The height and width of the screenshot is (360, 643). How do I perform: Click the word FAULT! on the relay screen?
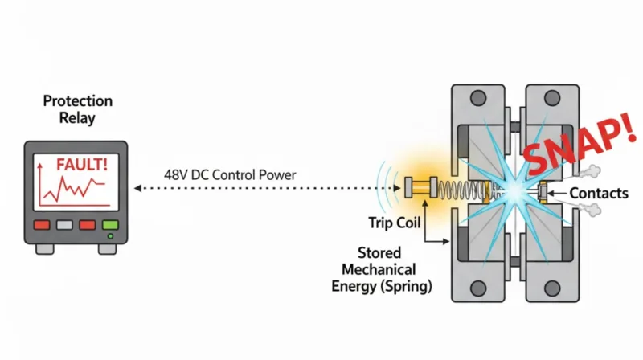82,164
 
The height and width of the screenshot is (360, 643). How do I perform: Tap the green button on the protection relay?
110,226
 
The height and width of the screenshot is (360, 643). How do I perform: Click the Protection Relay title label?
77,110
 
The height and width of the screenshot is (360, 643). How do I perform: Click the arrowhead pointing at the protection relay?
137,188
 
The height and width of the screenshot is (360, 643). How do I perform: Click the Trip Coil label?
389,222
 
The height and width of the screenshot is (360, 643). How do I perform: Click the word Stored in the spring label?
379,254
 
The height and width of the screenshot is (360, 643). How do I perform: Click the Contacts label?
599,193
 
